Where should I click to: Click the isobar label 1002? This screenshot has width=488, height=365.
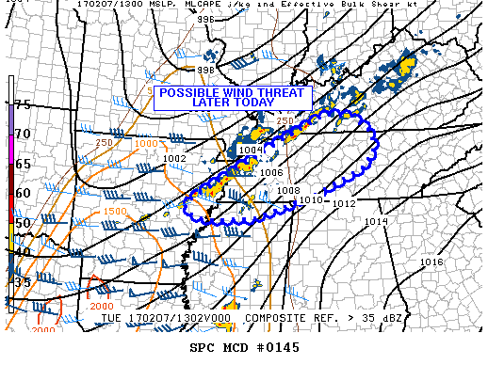[x=174, y=159]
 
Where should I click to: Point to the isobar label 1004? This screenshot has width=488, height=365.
[x=250, y=150]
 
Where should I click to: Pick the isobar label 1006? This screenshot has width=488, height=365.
[x=272, y=173]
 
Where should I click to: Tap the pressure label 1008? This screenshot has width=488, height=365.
[x=288, y=191]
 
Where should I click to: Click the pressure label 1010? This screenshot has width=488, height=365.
[x=312, y=200]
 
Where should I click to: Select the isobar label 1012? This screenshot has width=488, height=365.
[x=343, y=203]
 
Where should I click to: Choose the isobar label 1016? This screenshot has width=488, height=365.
[x=431, y=262]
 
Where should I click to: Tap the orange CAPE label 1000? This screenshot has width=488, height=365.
[x=147, y=142]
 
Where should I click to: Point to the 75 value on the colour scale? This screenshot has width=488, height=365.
[x=22, y=105]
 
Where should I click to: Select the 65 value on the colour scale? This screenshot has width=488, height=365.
[x=22, y=164]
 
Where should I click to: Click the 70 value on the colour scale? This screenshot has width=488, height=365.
[x=22, y=135]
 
